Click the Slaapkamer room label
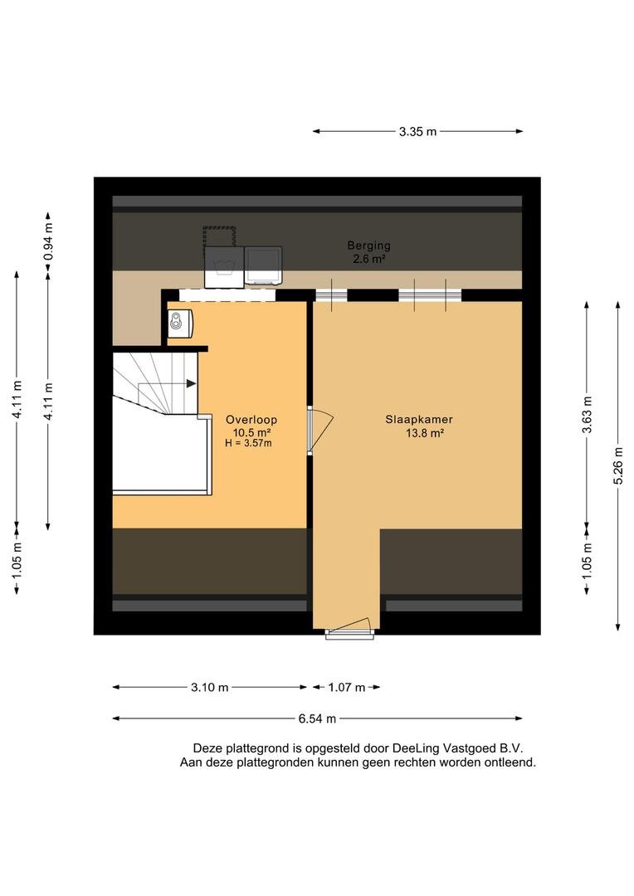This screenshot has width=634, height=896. click(x=418, y=420)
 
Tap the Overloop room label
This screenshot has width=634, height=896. click(x=251, y=420)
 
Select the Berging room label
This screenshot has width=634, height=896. click(x=368, y=246)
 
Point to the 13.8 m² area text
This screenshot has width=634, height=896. click(x=425, y=433)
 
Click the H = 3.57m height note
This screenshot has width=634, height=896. click(x=248, y=443)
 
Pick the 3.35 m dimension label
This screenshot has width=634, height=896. click(x=418, y=131)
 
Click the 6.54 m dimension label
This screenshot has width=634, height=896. click(x=317, y=718)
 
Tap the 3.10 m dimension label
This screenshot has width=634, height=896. click(x=210, y=688)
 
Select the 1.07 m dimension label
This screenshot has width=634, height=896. click(x=346, y=688)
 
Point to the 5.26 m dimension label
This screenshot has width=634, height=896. click(x=618, y=465)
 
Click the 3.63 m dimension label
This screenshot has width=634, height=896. click(x=588, y=414)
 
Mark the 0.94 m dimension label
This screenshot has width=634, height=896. click(x=49, y=241)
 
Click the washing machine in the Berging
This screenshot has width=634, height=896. click(x=224, y=267)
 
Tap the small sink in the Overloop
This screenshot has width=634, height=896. click(x=179, y=323)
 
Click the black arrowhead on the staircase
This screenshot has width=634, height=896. click(x=192, y=384)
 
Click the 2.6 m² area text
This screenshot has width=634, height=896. click(x=368, y=259)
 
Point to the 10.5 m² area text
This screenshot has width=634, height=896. click(x=251, y=432)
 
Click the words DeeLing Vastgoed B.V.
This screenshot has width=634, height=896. click(x=457, y=748)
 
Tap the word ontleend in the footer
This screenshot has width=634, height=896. click(x=510, y=763)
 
